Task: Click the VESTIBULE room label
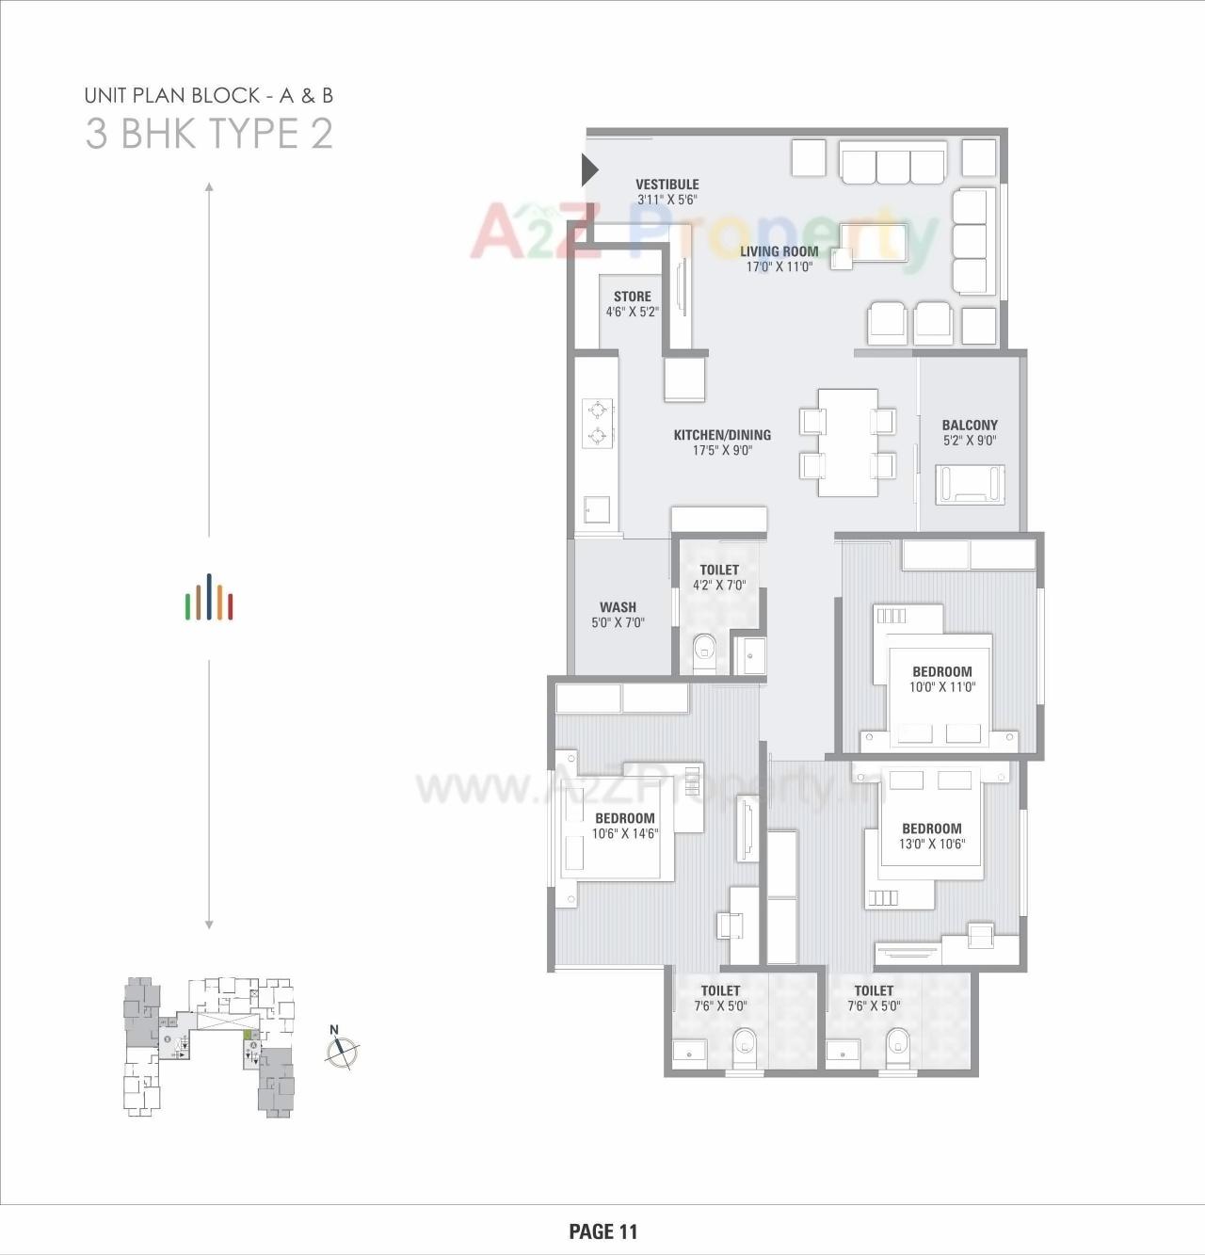coord(667,185)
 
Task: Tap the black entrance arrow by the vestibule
coord(589,170)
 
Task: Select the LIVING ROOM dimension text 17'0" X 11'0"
coord(779,267)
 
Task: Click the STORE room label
coord(632,297)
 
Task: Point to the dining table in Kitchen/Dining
coord(847,442)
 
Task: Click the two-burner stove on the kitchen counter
coord(597,423)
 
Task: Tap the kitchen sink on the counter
coord(596,509)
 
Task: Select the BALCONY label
coord(970,426)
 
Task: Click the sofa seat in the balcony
coord(970,483)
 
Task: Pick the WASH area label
coord(618,607)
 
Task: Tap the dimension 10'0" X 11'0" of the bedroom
coord(941,687)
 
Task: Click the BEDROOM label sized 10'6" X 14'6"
coord(624,818)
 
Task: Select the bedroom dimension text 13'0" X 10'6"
coord(931,845)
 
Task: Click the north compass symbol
coord(342,1051)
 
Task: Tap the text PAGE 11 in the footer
coord(602,1231)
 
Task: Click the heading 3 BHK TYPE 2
coord(209,134)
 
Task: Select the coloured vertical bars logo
coord(209,600)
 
